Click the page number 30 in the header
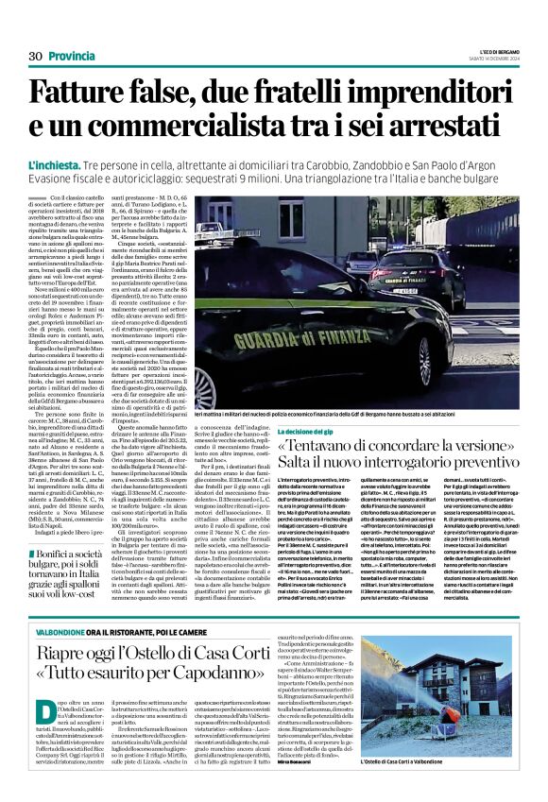pyautogui.click(x=35, y=57)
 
